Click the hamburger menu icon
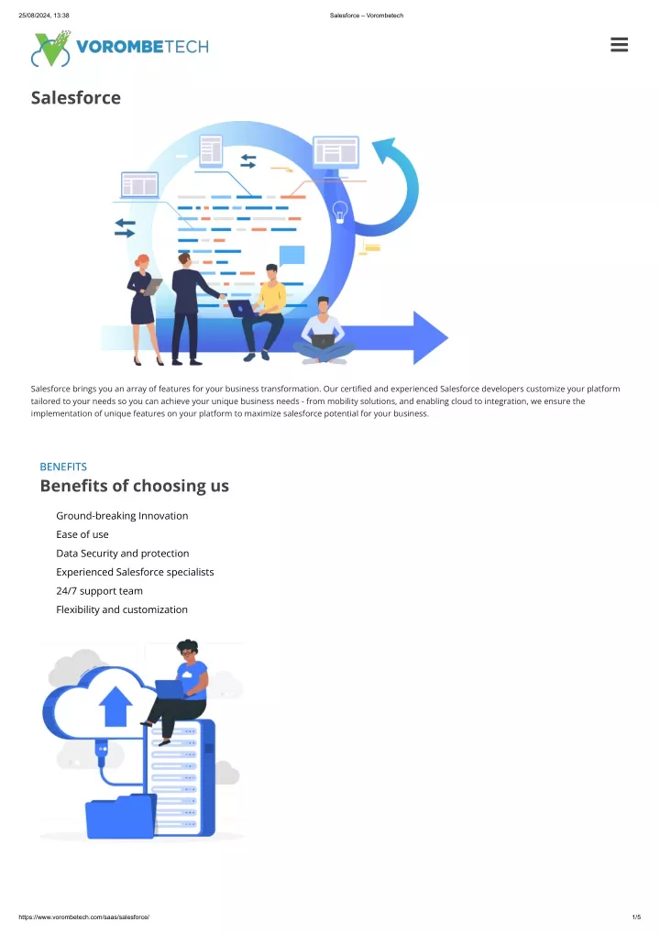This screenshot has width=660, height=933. coord(619,45)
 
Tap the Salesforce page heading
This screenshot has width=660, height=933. coord(75,97)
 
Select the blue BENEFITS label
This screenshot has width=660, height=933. coord(63,467)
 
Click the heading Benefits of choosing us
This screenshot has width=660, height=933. coord(135,486)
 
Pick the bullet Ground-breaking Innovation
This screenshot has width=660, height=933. coord(122,516)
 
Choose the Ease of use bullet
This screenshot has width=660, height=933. coord(82,534)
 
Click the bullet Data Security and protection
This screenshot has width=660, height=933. coord(123,554)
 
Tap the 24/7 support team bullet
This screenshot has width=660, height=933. coord(99,591)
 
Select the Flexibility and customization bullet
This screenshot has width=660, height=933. coord(122,609)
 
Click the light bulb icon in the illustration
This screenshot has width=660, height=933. coord(340,212)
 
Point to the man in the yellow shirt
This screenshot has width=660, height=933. coord(266,313)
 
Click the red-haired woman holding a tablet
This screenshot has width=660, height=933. coord(143,310)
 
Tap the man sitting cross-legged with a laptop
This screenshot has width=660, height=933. coord(324,332)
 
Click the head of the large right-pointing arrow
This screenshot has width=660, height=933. coord(430,337)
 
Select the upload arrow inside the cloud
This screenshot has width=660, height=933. coord(115,707)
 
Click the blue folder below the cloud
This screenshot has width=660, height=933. coord(121,817)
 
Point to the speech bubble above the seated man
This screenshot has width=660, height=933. coord(291,256)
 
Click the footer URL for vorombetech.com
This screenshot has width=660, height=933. coord(84,917)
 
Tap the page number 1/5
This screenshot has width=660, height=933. coord(636,917)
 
